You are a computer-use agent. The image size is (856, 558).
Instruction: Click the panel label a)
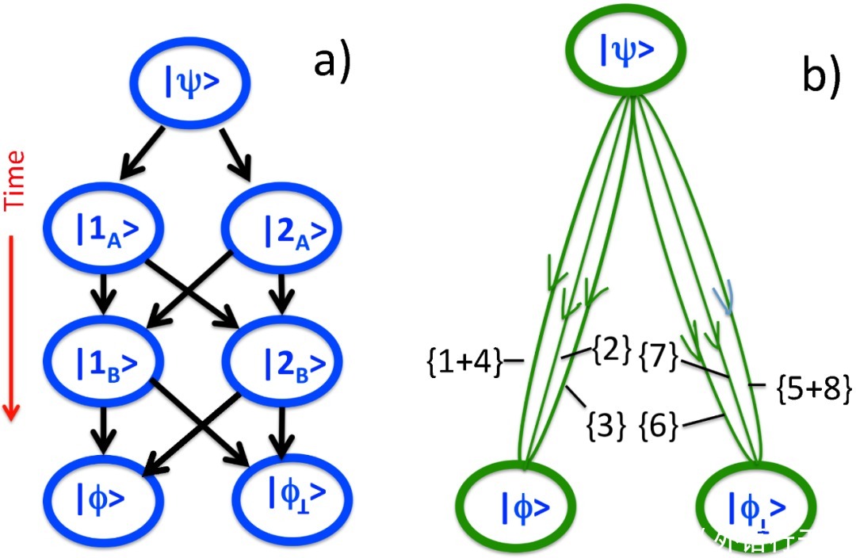tap(331, 62)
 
